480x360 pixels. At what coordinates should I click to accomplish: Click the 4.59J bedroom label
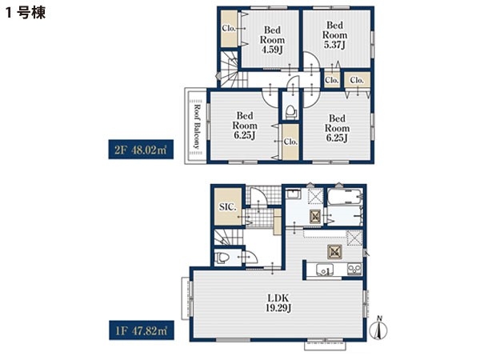[272, 39]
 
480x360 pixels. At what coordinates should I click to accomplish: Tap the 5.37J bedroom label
[334, 34]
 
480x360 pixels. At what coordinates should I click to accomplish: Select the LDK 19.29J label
[278, 302]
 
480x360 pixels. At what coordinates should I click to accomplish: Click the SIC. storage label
[228, 207]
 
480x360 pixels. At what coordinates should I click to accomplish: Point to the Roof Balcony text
[198, 126]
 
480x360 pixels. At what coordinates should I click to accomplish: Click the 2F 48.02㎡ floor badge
[141, 150]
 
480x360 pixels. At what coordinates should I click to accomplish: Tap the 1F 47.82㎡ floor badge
[142, 330]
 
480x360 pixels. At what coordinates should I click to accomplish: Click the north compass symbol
[379, 329]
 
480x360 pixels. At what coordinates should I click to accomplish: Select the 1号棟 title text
[26, 13]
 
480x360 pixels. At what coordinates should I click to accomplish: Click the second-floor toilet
[291, 112]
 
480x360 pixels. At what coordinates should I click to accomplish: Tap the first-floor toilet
[222, 257]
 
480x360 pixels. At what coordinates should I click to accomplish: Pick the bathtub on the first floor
[345, 197]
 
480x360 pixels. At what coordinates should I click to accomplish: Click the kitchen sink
[325, 270]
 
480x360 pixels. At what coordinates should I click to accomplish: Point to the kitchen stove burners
[354, 270]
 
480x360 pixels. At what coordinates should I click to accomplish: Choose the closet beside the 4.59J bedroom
[229, 29]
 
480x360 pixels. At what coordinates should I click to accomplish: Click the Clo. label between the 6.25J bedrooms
[290, 142]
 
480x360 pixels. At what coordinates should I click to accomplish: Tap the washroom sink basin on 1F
[294, 194]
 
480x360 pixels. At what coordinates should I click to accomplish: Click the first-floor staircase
[228, 237]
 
